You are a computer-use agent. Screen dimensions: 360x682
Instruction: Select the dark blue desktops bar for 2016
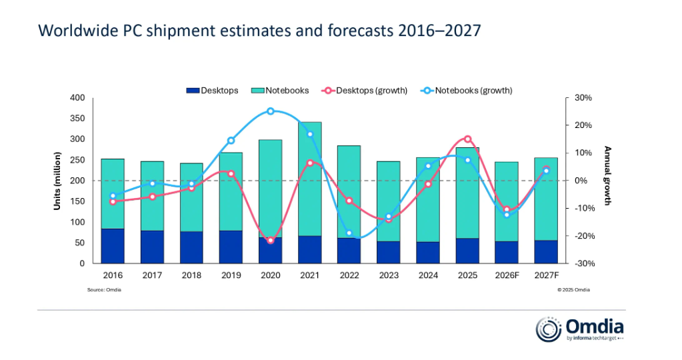coord(113,246)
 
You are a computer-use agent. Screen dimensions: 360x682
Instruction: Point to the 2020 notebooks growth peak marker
coord(270,111)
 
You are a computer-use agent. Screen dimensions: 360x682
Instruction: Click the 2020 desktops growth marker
coord(270,240)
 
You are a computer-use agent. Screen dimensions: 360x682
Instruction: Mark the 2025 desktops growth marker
coord(467,139)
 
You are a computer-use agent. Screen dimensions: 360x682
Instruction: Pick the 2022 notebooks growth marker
coord(349,233)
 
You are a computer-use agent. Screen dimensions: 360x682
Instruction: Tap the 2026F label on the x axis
coord(507,275)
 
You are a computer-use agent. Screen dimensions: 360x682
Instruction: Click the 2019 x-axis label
coord(231,275)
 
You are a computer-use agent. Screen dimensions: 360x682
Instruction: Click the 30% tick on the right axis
coord(575,98)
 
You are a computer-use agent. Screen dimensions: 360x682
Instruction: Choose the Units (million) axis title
coord(58,181)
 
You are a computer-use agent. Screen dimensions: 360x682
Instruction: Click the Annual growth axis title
coord(607,176)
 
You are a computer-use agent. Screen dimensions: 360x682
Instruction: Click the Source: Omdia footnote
coord(104,290)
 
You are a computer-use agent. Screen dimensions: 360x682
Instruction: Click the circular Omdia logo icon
coord(548,329)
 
